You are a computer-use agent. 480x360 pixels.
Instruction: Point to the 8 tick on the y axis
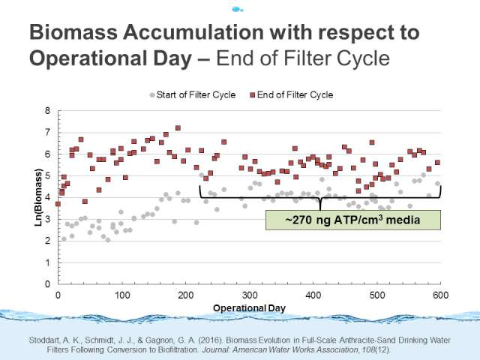49,111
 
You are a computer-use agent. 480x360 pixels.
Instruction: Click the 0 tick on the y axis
49,284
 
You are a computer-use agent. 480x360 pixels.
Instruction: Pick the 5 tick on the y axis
49,176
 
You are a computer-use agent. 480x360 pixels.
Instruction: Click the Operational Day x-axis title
250,309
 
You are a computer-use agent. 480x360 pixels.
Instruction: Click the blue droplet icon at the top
238,9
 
